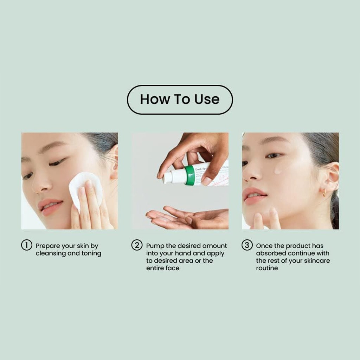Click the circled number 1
26,245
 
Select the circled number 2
137,245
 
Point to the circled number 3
247,245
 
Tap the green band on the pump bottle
190,175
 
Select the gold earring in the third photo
324,193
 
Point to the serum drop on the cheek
278,171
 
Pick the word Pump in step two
155,246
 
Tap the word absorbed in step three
269,253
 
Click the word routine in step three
267,268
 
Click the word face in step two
173,268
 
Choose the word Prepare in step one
47,246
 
